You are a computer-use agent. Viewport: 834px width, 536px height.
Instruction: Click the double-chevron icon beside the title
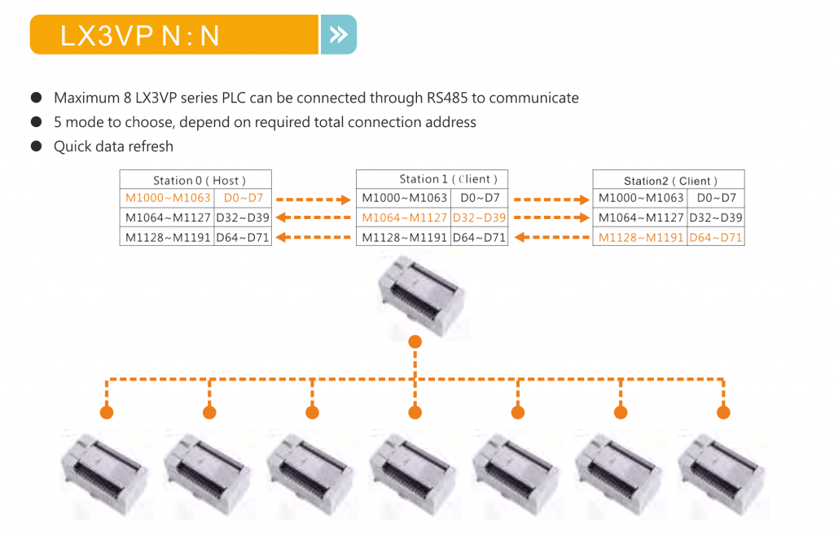[338, 34]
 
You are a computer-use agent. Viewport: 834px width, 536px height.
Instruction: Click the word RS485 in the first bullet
[447, 98]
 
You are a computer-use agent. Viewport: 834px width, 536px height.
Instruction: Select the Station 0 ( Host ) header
[195, 180]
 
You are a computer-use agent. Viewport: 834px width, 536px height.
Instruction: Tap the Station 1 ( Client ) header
[432, 179]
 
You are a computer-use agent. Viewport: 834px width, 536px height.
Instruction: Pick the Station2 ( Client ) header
[668, 181]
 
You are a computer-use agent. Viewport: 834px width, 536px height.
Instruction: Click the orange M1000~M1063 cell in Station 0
[168, 198]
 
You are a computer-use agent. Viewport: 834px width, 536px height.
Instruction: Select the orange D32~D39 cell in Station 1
[479, 217]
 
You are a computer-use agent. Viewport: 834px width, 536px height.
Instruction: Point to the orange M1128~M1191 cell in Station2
[640, 237]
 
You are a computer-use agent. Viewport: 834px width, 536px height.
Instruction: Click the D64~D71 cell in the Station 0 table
[243, 237]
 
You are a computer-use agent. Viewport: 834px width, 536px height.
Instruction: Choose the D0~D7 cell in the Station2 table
[716, 198]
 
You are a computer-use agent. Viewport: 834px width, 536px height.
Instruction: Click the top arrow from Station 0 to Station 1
[314, 198]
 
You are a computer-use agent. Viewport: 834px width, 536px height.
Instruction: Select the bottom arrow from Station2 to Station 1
[550, 237]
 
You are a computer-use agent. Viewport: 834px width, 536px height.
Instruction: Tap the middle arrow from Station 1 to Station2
[550, 217]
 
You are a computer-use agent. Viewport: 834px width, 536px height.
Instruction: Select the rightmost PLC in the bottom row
[723, 472]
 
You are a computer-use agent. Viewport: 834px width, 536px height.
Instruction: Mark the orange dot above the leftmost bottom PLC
[107, 412]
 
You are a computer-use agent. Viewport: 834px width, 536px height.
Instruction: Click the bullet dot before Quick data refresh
[37, 147]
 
